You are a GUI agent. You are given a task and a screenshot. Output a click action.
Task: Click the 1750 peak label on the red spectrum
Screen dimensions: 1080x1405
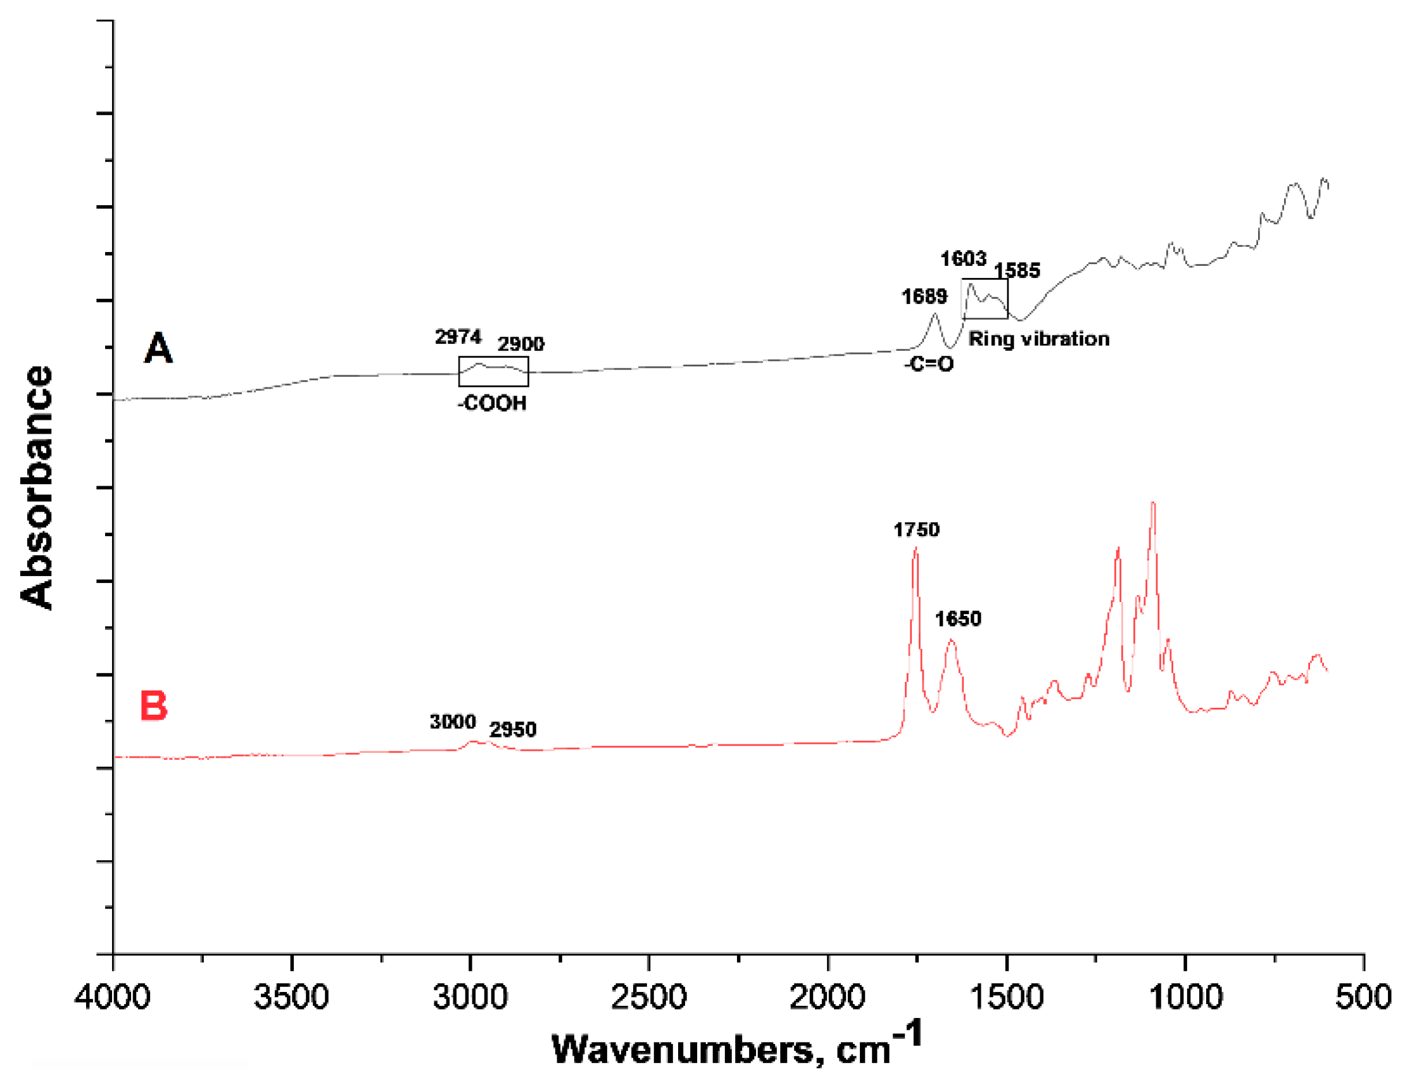click(x=916, y=530)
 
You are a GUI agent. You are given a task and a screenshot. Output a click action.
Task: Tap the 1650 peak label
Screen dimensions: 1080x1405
click(x=957, y=619)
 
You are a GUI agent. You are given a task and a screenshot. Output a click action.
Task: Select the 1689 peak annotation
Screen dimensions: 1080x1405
click(x=924, y=296)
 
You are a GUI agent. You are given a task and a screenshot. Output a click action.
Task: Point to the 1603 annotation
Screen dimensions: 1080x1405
click(x=962, y=259)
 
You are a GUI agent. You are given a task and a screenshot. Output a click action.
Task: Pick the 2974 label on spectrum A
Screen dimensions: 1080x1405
click(x=458, y=337)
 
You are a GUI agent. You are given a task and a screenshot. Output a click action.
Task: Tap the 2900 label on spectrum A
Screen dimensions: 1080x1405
click(x=520, y=344)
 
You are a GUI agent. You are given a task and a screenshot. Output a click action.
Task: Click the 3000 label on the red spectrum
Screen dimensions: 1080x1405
click(x=453, y=722)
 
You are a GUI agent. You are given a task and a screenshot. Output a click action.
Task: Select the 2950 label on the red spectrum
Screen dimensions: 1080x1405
click(x=512, y=730)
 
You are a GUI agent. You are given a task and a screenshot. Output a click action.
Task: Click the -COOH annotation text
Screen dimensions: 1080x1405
click(x=492, y=404)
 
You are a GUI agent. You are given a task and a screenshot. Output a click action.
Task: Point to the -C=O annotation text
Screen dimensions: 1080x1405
click(x=928, y=365)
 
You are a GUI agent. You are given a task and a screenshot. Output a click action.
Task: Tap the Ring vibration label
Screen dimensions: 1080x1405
click(x=1038, y=339)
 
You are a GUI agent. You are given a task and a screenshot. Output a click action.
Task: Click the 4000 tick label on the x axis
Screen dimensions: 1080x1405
click(x=113, y=997)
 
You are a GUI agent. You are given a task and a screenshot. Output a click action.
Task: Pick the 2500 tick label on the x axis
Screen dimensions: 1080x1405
click(x=649, y=997)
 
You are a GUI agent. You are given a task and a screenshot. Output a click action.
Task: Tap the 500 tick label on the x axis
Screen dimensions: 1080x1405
click(x=1363, y=997)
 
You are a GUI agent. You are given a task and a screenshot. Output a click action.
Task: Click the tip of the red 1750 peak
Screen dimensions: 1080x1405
click(x=916, y=548)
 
